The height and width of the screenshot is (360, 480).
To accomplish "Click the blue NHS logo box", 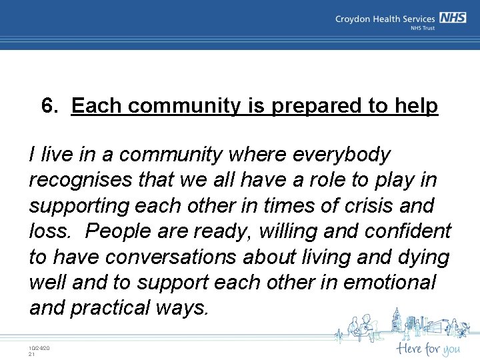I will click(x=453, y=19).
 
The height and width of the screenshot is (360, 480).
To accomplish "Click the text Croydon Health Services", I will click(x=385, y=19).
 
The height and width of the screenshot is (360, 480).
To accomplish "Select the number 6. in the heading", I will click(x=52, y=106).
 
